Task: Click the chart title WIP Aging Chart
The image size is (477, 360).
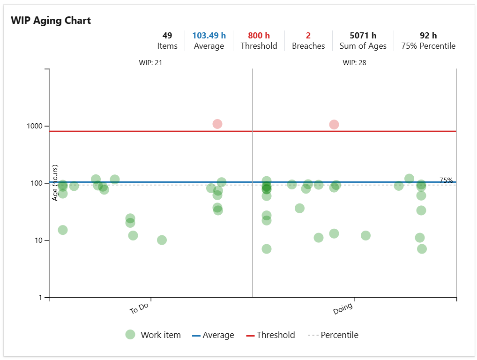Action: pyautogui.click(x=51, y=21)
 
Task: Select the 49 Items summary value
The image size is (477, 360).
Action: pyautogui.click(x=167, y=36)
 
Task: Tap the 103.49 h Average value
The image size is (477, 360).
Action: pyautogui.click(x=209, y=36)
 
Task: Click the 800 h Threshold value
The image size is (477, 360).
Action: pyautogui.click(x=259, y=36)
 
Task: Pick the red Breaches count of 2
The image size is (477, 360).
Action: pyautogui.click(x=308, y=36)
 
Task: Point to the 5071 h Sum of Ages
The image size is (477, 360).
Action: pyautogui.click(x=363, y=36)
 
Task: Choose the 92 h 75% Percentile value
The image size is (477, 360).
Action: pyautogui.click(x=428, y=36)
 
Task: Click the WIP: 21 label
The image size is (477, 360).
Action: pyautogui.click(x=150, y=62)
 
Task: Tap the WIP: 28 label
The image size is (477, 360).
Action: pyautogui.click(x=354, y=62)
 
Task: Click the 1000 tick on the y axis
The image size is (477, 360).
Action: pyautogui.click(x=36, y=126)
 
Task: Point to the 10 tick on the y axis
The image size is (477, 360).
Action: pyautogui.click(x=39, y=240)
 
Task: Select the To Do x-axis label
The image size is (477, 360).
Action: pyautogui.click(x=139, y=309)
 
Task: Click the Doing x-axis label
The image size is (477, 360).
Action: pyautogui.click(x=343, y=309)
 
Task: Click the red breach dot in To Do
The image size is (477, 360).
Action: pyautogui.click(x=217, y=124)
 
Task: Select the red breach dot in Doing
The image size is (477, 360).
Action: pyautogui.click(x=334, y=124)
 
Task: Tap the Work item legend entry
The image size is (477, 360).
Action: pyautogui.click(x=153, y=335)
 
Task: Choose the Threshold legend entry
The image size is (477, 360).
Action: pyautogui.click(x=270, y=335)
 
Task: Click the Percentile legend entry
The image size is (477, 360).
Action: pyautogui.click(x=333, y=335)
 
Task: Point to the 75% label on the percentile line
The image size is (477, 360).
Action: pyautogui.click(x=446, y=180)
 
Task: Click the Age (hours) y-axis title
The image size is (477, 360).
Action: pyautogui.click(x=55, y=183)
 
